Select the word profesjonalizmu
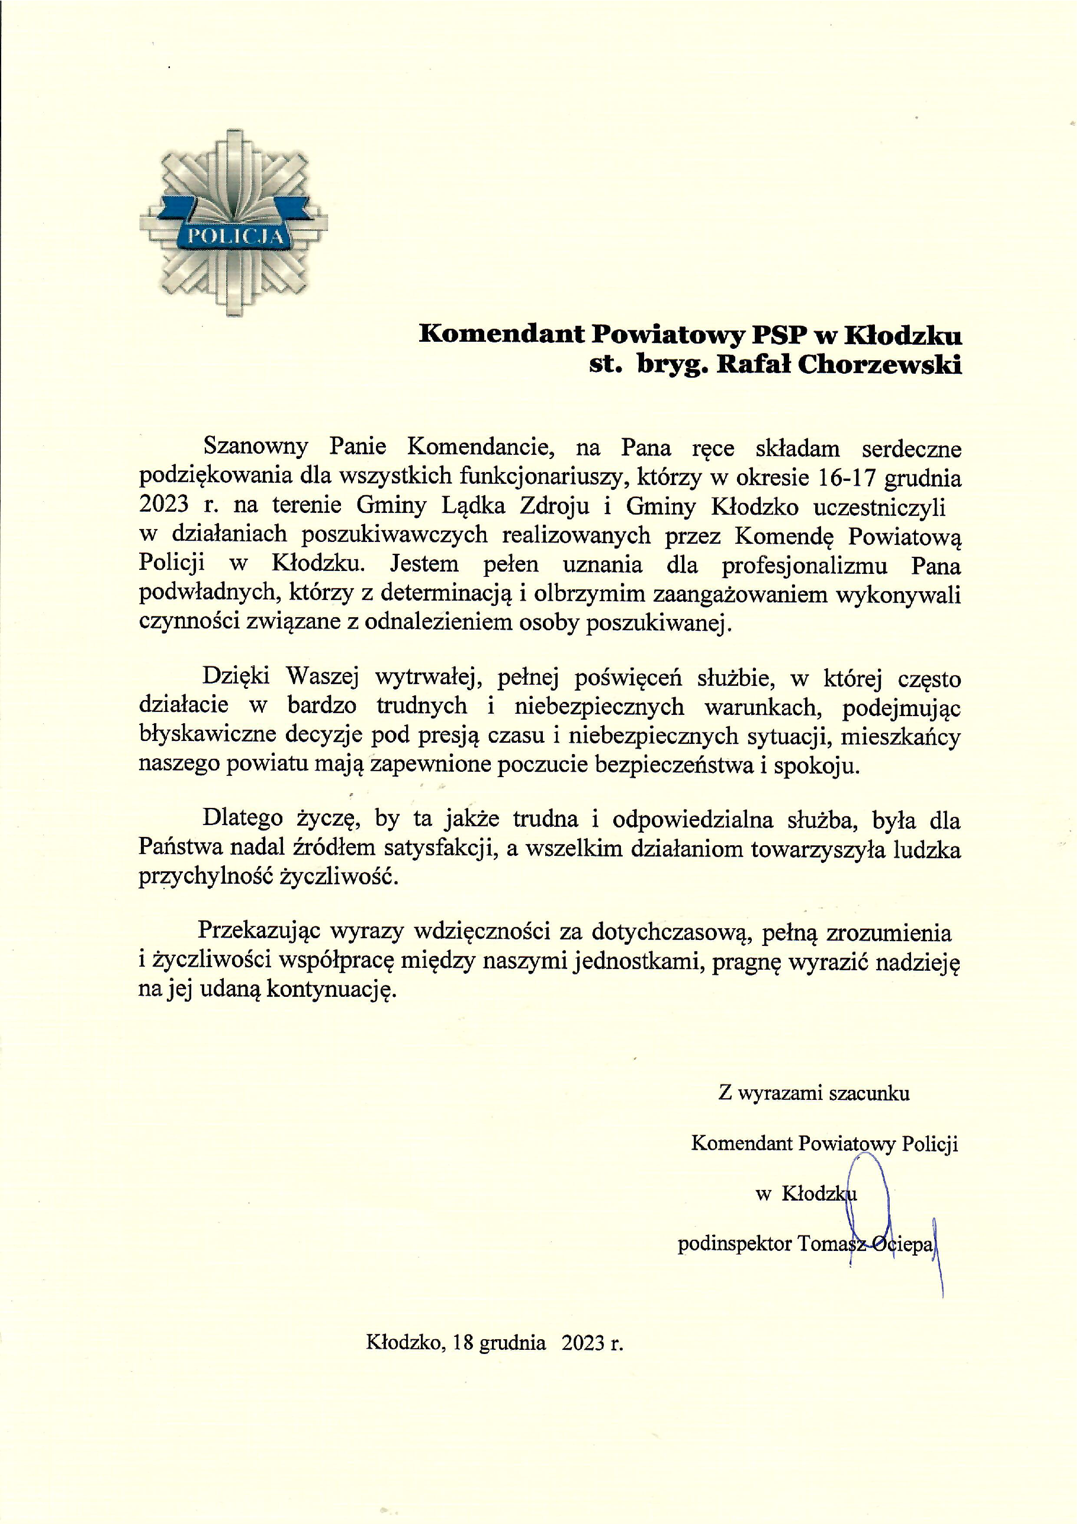coord(804,565)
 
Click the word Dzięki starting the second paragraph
coord(236,676)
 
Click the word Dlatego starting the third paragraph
coord(242,818)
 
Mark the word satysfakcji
coord(441,848)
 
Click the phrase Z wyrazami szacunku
coord(813,1093)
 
